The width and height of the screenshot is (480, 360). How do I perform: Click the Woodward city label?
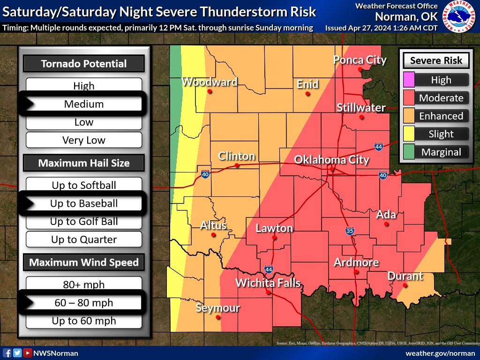(209, 82)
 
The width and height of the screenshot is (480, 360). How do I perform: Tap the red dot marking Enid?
(307, 94)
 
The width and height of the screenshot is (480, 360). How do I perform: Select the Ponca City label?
(360, 60)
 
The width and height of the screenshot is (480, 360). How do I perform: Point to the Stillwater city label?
(361, 108)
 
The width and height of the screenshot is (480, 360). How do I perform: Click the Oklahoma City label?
(331, 160)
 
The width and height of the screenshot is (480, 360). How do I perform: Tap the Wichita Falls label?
(268, 283)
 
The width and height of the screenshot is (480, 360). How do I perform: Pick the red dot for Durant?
(405, 285)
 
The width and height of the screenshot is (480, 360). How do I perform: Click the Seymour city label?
(217, 308)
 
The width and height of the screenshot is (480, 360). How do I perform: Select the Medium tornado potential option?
(84, 104)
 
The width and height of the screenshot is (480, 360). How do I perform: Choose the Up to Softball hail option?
(84, 185)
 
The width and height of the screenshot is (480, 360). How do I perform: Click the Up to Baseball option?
(84, 203)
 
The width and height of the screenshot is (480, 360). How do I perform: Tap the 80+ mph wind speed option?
(84, 285)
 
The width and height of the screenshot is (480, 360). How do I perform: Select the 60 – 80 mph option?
(84, 303)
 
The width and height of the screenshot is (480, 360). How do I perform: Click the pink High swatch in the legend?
(409, 80)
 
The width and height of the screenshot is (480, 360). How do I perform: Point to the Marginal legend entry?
(441, 152)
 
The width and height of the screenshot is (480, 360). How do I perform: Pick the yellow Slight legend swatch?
(409, 134)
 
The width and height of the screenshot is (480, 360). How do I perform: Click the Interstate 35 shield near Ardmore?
(350, 231)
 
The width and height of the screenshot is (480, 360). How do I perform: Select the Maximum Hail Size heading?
(84, 163)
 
